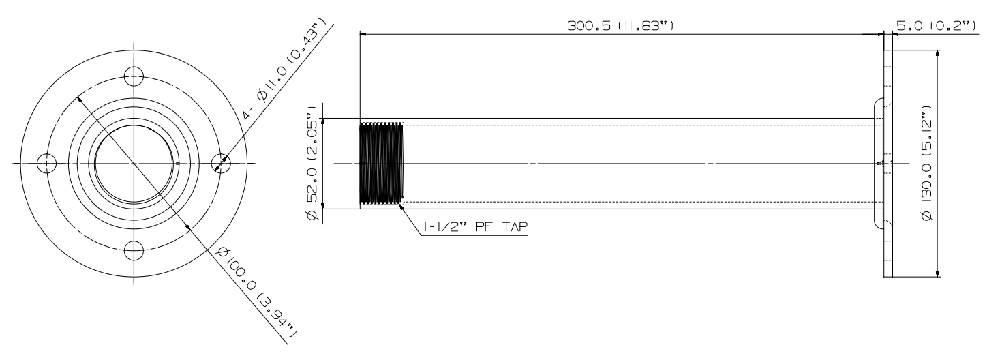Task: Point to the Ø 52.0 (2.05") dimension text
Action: click(x=313, y=163)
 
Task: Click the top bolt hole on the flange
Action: click(x=134, y=75)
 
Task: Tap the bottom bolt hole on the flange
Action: click(x=134, y=252)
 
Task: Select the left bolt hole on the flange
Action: click(x=46, y=164)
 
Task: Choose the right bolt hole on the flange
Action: click(x=222, y=164)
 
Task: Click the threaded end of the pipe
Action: click(x=381, y=164)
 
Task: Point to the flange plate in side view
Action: click(x=887, y=164)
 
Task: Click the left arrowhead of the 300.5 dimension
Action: click(x=363, y=33)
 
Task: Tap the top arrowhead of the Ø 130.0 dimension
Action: click(x=939, y=54)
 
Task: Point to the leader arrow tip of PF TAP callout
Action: click(x=401, y=202)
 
